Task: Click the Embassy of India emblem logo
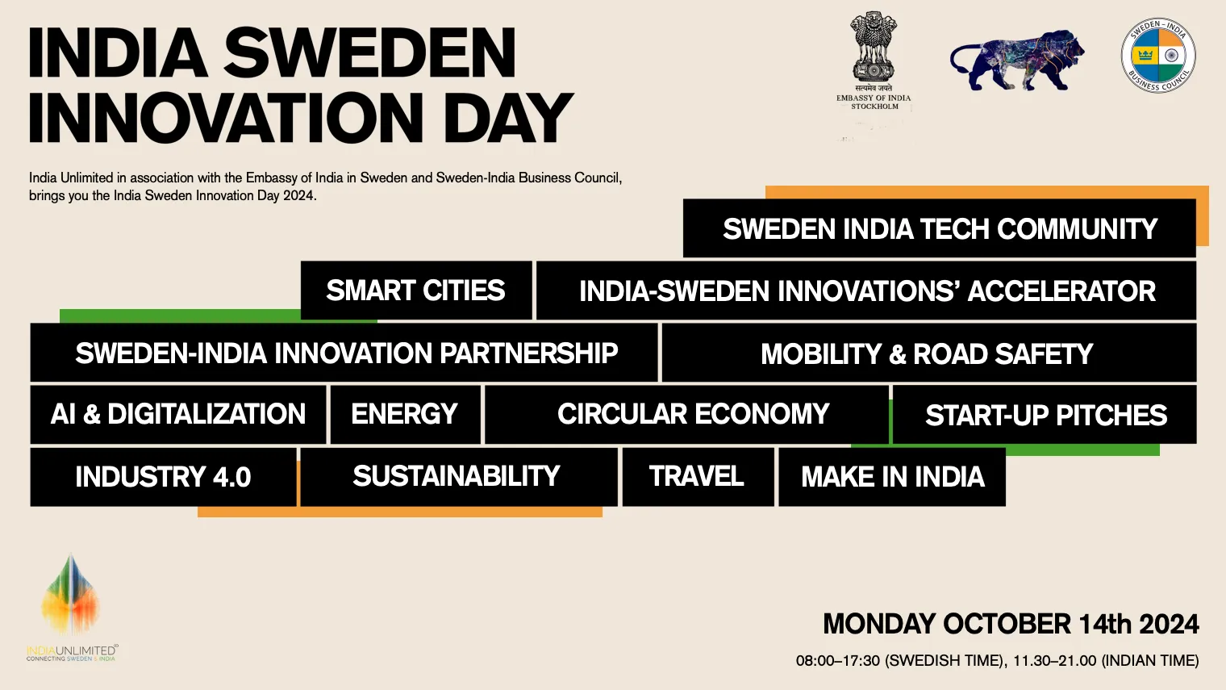874,61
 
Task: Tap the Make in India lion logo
1017,61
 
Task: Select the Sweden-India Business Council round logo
1158,55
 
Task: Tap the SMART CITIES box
416,291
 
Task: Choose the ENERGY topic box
405,414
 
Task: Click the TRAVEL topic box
698,476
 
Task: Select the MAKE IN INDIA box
892,476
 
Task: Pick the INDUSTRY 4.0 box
163,476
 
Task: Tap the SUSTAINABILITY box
459,476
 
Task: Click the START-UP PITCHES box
1045,415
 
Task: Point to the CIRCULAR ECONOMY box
687,415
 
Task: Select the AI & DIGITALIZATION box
178,415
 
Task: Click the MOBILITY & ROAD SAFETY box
929,353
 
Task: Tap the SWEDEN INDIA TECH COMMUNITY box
939,228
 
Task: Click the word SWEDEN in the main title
370,53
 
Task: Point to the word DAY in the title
508,118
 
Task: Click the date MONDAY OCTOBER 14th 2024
1011,625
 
